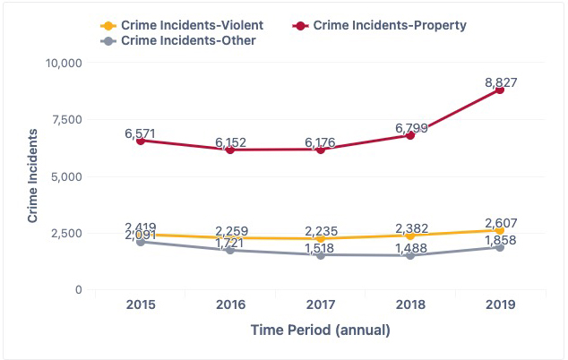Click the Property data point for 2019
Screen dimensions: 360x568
(x=500, y=90)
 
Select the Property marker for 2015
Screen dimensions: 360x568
(x=141, y=141)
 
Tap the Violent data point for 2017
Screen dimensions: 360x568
(x=320, y=239)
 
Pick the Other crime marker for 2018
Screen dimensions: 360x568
(x=410, y=256)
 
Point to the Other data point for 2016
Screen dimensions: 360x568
(x=230, y=251)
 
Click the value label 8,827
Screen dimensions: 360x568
(x=500, y=82)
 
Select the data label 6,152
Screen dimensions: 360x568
(x=230, y=143)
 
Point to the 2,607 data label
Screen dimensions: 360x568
(x=500, y=223)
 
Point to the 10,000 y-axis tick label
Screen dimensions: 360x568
(x=63, y=63)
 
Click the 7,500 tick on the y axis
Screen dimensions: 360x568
(x=66, y=120)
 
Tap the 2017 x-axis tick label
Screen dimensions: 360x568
(x=320, y=305)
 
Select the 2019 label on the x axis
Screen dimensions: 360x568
(x=500, y=305)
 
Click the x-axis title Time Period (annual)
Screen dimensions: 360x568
(x=320, y=330)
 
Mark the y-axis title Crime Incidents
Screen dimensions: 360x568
(x=32, y=176)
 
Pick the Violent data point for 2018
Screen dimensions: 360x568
(x=410, y=236)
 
